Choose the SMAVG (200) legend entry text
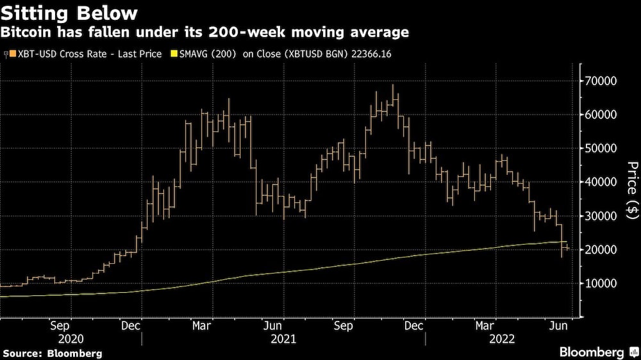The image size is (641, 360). click(204, 54)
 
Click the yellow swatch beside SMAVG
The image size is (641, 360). click(174, 54)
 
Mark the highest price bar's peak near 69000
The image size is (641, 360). click(392, 85)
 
